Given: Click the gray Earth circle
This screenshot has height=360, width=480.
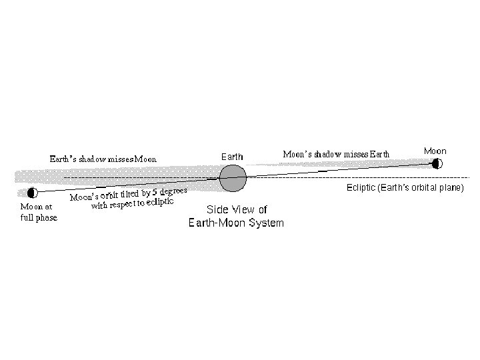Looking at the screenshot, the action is click(233, 177).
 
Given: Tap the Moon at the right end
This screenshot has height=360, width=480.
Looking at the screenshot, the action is click(437, 163).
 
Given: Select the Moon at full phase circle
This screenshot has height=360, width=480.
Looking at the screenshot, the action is click(32, 193).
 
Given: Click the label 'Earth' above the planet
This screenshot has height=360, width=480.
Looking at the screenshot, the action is click(232, 157).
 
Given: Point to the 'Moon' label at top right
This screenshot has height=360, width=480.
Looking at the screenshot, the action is click(435, 151).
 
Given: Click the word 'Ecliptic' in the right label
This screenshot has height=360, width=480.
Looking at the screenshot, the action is click(361, 188).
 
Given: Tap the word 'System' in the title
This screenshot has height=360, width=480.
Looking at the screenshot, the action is click(262, 223).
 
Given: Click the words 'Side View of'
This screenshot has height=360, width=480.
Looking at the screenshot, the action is click(237, 209).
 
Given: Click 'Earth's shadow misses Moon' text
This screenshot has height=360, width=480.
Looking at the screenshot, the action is click(103, 159).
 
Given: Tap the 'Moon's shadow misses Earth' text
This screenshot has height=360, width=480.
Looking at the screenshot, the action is click(337, 154).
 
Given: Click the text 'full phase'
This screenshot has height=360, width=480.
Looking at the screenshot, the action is click(39, 218).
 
